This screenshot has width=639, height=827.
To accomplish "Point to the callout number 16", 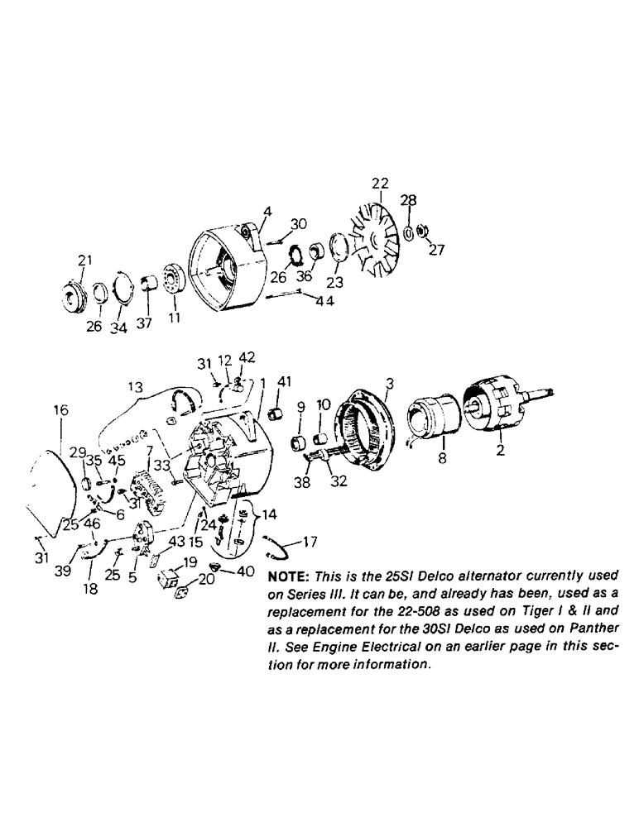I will click(x=62, y=410).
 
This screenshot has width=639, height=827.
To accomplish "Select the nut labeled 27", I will click(x=420, y=229).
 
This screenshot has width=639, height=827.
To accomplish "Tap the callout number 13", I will click(x=135, y=386).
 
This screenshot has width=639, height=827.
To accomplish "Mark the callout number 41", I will click(x=286, y=380).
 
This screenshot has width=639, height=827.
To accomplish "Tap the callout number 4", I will click(x=267, y=211).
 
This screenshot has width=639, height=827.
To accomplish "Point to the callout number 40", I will click(x=245, y=571).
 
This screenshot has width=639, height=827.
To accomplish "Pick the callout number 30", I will click(x=299, y=224).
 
